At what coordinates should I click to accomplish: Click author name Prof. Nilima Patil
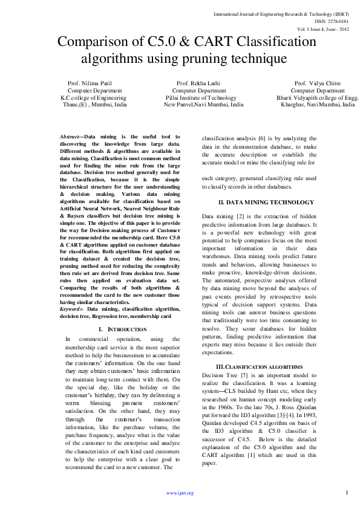[x=90, y=83]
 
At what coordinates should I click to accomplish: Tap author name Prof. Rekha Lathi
[x=198, y=83]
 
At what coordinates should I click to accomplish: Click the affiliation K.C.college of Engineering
[x=93, y=97]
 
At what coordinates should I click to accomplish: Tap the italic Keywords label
[x=72, y=309]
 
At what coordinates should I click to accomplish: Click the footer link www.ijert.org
[x=180, y=493]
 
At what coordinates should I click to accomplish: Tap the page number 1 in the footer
[x=347, y=493]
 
